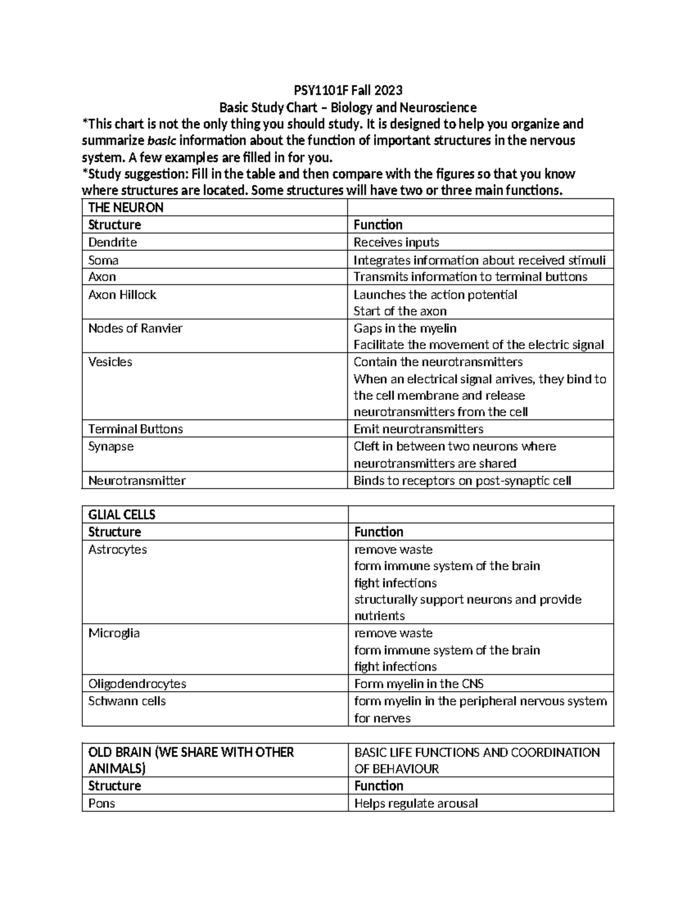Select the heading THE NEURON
click(x=125, y=208)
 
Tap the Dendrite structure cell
click(x=113, y=243)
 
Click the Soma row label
click(x=103, y=260)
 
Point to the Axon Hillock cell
click(x=122, y=295)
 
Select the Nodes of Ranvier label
click(x=135, y=328)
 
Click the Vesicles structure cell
click(x=110, y=362)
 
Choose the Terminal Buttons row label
click(x=135, y=429)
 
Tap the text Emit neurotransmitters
click(x=418, y=429)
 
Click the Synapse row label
click(x=111, y=447)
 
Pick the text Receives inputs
click(x=396, y=243)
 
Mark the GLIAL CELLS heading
click(x=122, y=515)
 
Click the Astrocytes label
click(x=117, y=549)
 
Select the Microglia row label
click(x=114, y=633)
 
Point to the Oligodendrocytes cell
click(x=137, y=684)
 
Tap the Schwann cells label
click(x=127, y=701)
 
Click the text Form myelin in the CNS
click(x=419, y=684)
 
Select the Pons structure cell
click(x=101, y=804)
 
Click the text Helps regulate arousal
click(x=416, y=804)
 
